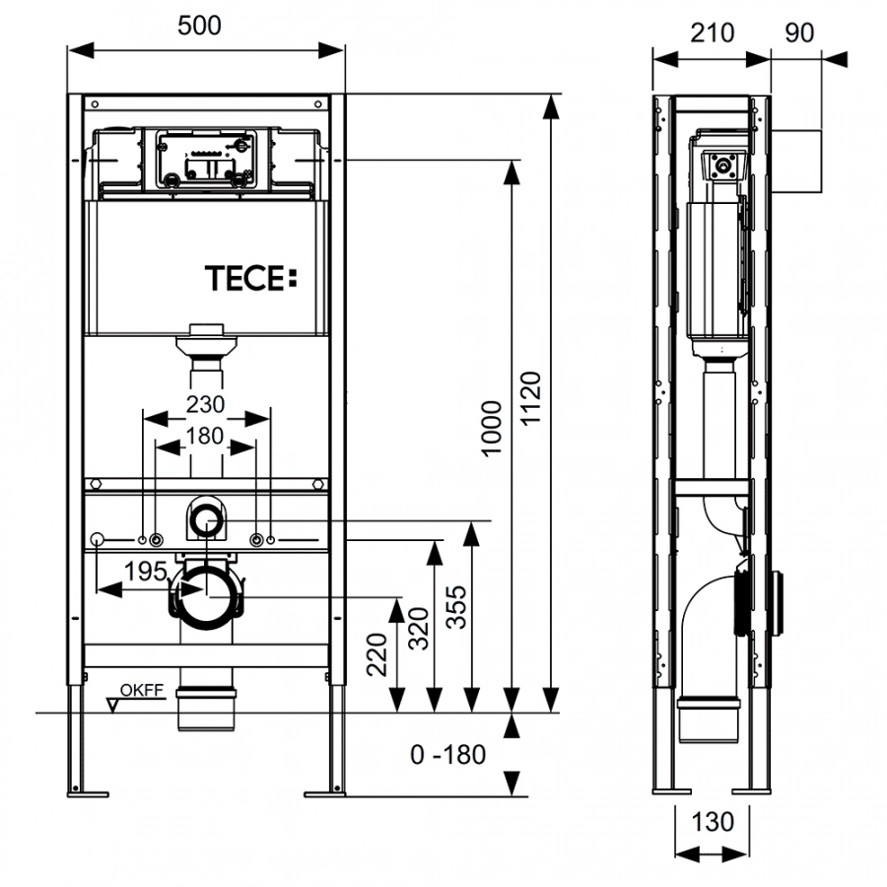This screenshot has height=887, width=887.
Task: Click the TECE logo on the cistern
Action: tap(249, 279)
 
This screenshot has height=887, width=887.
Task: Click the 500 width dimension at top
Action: tap(200, 27)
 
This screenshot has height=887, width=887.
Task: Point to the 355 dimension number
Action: tap(454, 608)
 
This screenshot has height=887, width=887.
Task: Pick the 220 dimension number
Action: tap(377, 652)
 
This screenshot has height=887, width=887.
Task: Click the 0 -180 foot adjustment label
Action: tap(448, 756)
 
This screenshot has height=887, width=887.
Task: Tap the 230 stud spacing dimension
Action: tap(206, 403)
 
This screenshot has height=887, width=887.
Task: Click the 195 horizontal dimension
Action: tap(146, 572)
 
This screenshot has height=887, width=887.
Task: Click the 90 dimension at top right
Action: tap(799, 33)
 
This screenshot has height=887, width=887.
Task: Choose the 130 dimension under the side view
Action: tap(713, 821)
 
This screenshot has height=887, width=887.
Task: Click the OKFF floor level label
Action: tap(143, 691)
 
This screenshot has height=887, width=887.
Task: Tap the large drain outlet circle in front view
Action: tap(206, 595)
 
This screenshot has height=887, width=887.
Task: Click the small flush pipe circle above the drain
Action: tap(206, 519)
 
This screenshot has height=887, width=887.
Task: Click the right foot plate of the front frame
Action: tap(324, 791)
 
